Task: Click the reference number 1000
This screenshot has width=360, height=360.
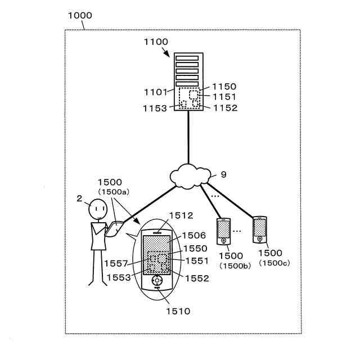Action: (x=80, y=15)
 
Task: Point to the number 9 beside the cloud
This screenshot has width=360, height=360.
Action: (x=223, y=175)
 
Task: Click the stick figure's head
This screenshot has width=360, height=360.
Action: (x=98, y=209)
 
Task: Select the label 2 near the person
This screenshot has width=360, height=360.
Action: (x=79, y=199)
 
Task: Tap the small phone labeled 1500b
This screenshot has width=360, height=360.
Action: (x=224, y=230)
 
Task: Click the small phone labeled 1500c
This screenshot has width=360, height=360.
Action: (x=260, y=228)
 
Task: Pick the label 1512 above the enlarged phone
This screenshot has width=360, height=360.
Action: (x=181, y=215)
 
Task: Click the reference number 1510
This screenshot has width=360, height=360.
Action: (x=177, y=310)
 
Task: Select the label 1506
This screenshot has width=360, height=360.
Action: (x=194, y=236)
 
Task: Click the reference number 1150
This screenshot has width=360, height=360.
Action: (x=224, y=87)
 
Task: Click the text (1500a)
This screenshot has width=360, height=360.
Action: (x=113, y=192)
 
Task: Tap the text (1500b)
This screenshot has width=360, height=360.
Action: (x=231, y=264)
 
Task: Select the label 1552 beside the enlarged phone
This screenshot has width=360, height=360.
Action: (x=196, y=278)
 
